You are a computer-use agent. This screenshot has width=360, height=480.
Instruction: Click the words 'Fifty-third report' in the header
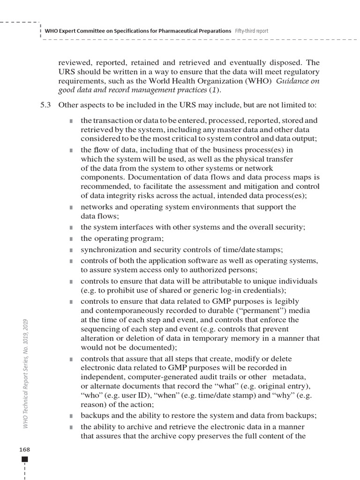pos(251,30)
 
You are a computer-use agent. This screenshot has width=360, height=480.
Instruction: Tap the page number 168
pos(25,449)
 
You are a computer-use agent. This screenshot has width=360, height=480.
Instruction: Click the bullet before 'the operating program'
pos(71,239)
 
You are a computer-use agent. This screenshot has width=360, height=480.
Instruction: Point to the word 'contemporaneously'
pos(129,310)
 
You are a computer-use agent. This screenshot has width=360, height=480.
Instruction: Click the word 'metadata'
pos(289,377)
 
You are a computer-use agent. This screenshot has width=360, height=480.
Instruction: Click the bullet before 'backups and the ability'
pos(71,416)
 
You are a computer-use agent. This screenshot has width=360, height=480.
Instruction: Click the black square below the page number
pos(25,459)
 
